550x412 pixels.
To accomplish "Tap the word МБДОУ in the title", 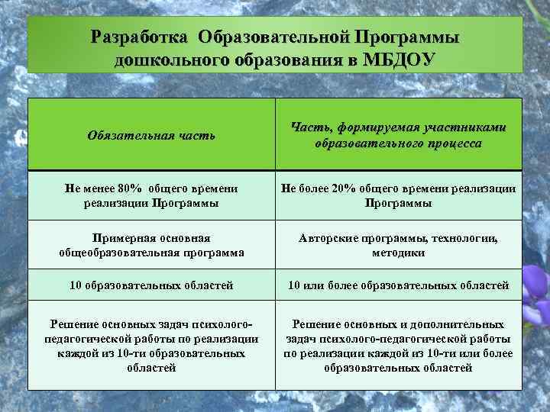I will click(400, 60).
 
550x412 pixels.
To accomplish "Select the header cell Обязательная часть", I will click(151, 135).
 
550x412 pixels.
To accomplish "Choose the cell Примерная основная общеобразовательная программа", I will click(151, 246).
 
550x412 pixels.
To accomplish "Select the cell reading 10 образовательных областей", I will click(151, 285).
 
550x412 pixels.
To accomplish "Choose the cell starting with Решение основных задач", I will click(151, 346).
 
